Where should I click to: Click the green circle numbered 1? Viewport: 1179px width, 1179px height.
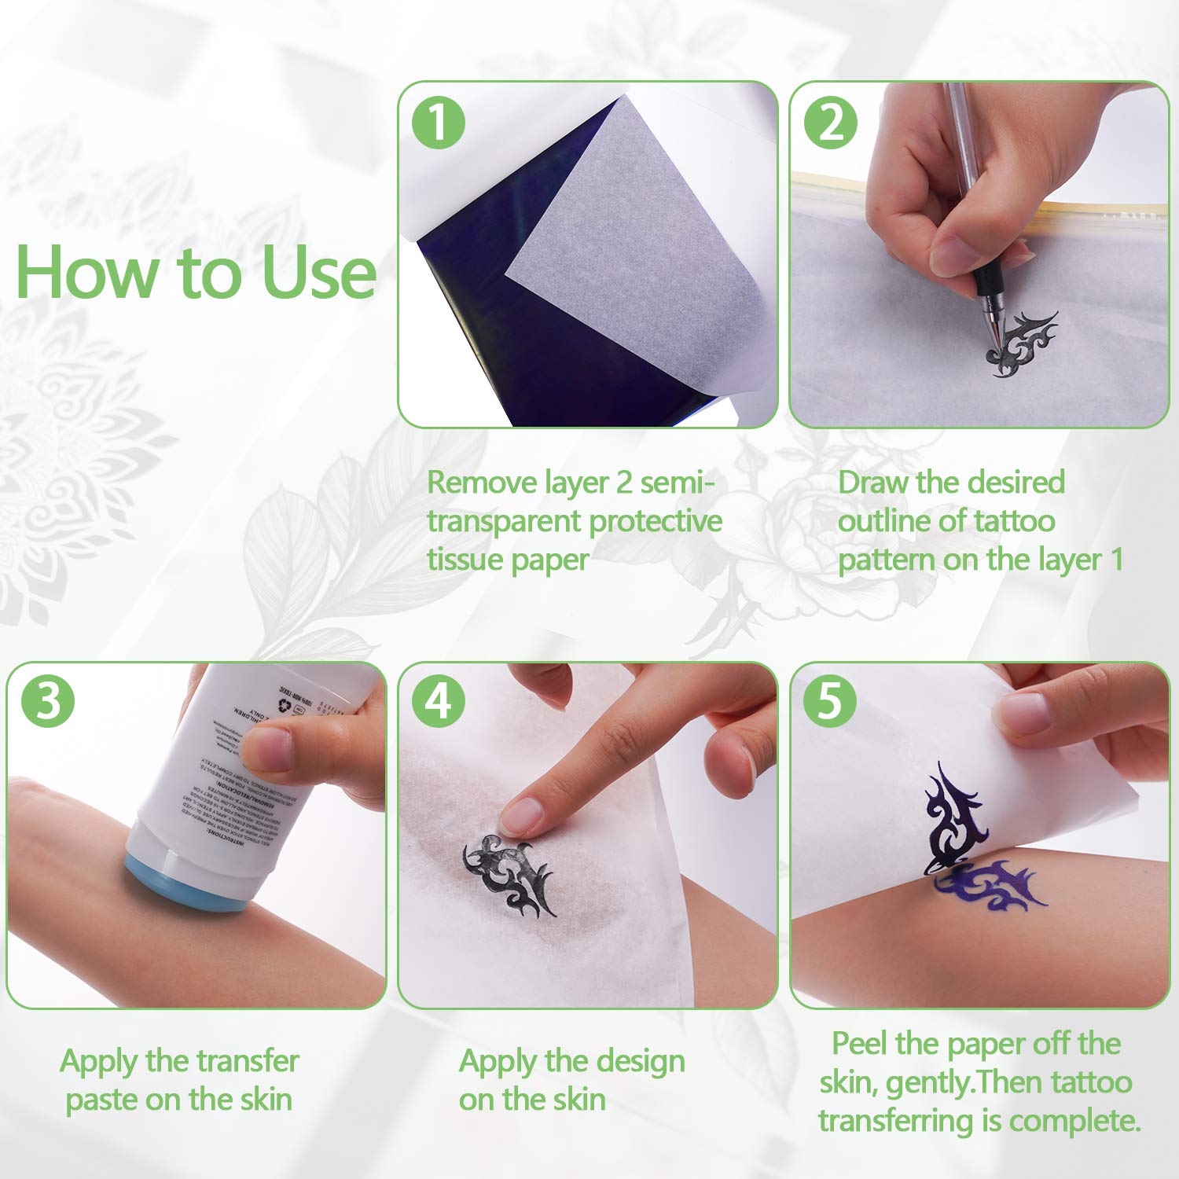pos(439,123)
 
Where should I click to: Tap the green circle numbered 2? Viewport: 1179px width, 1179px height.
pos(831,123)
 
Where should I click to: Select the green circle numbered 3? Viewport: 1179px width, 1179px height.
pos(48,700)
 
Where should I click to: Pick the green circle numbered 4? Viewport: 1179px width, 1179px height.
pos(439,700)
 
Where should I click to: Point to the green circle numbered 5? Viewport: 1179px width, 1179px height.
pos(829,700)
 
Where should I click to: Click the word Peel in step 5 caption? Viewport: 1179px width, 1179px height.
pos(859,1044)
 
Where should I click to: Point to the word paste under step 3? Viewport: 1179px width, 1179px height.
pos(101,1100)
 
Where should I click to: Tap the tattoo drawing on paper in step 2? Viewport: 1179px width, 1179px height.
pos(1022,346)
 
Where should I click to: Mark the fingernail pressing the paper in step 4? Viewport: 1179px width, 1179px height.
pos(520,814)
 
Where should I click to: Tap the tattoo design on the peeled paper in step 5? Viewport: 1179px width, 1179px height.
pos(951,817)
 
